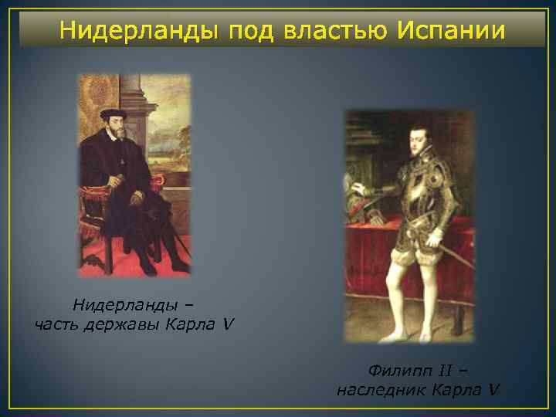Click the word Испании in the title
pos(452,31)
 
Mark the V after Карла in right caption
pos(493,389)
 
